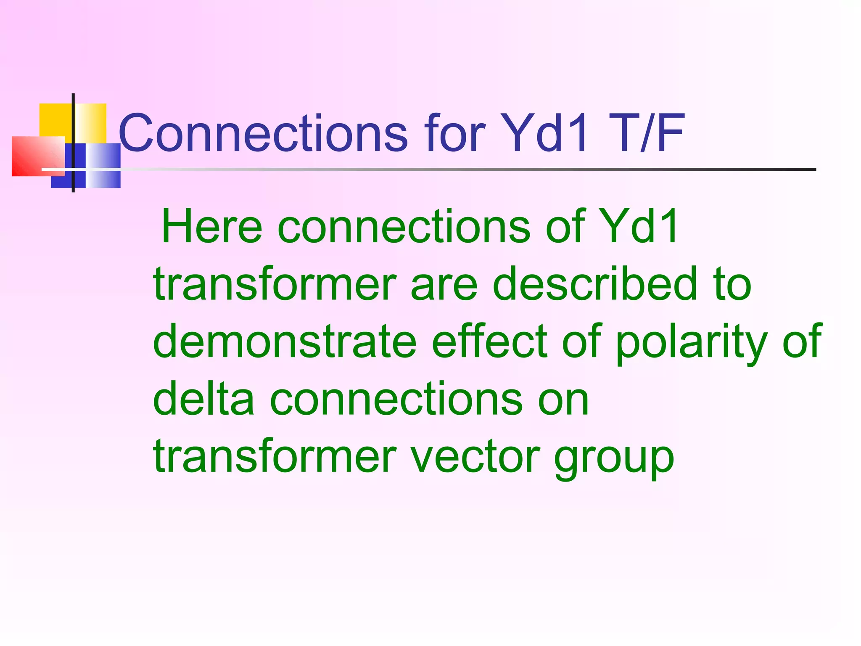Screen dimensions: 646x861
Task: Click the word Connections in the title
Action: [x=263, y=133]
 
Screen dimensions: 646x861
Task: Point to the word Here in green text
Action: [x=212, y=227]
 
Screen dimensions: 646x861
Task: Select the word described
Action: [x=595, y=285]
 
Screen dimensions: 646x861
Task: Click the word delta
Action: [x=204, y=399]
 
